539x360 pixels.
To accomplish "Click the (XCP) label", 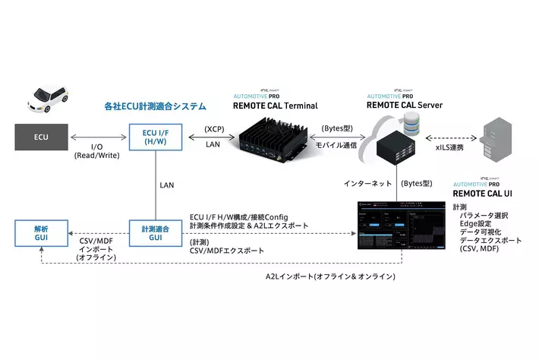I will tap(214, 129).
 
